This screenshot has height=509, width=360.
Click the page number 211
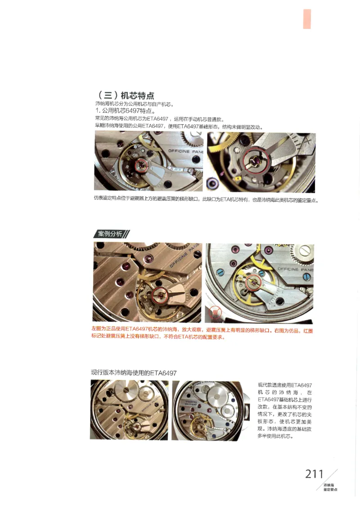point(314,474)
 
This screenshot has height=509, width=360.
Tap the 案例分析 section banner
point(111,234)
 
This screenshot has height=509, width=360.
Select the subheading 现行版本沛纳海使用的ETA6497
point(134,373)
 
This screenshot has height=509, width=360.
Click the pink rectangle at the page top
point(307,19)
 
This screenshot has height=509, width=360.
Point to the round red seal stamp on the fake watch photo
point(216,313)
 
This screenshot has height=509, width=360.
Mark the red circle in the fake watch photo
point(252,283)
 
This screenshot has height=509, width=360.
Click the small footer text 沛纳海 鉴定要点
point(330,487)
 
